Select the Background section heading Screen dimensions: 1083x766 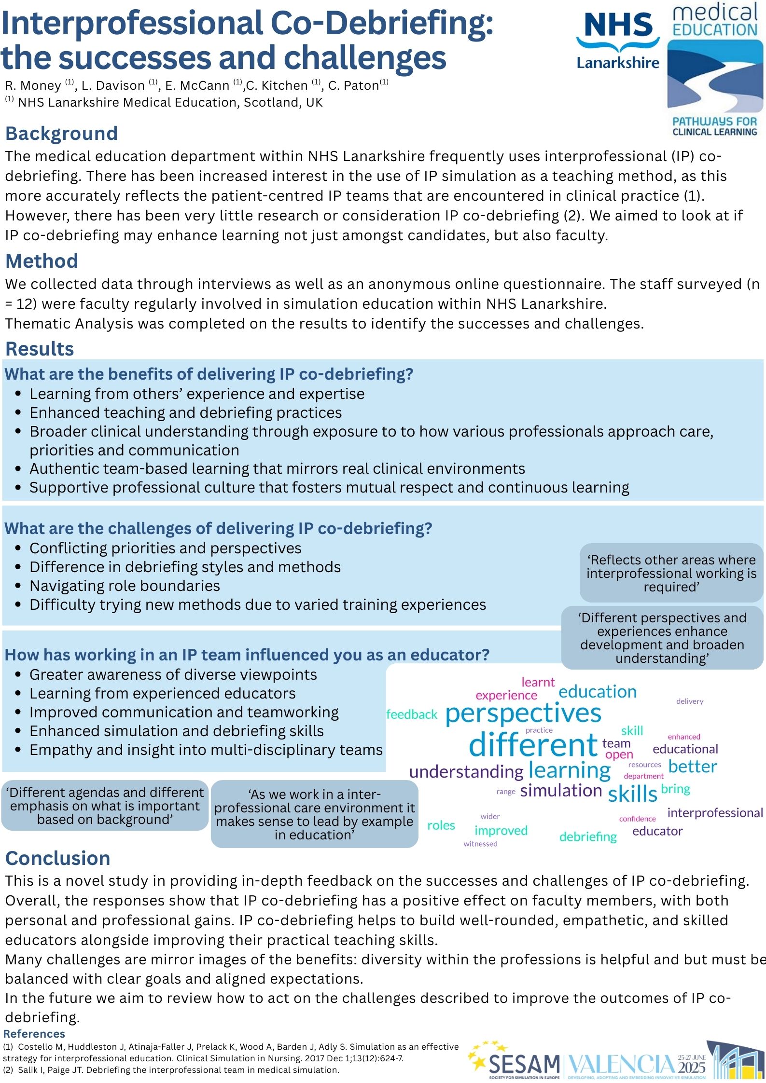[61, 134]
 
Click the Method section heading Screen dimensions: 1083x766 [42, 261]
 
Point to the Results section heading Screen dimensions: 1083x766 [40, 349]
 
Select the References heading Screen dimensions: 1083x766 [34, 1033]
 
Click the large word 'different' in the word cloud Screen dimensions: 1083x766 [533, 745]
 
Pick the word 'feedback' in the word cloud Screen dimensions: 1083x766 [412, 714]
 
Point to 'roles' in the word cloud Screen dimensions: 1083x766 [441, 825]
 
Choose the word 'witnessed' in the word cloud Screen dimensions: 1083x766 [480, 844]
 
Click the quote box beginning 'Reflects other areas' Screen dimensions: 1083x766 [671, 573]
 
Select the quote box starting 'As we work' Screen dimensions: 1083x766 [315, 814]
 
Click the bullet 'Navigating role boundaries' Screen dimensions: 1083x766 [125, 586]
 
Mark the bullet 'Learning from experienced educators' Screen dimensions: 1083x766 [162, 693]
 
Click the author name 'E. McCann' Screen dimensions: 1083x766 [197, 86]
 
